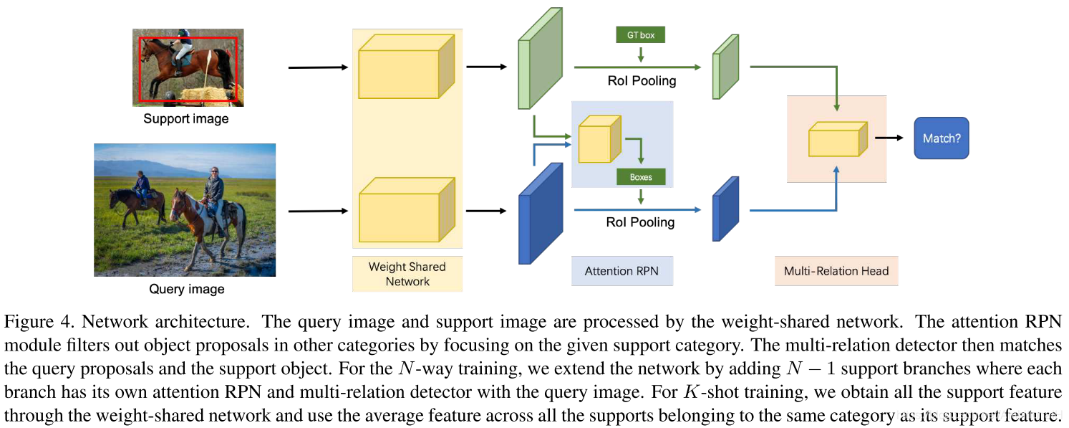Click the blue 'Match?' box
pyautogui.click(x=941, y=138)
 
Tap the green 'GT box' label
pyautogui.click(x=640, y=35)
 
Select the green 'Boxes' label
pyautogui.click(x=640, y=177)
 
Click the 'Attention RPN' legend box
pyautogui.click(x=621, y=271)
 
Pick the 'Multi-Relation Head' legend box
pyautogui.click(x=836, y=271)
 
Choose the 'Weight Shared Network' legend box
pyautogui.click(x=407, y=274)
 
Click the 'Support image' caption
pyautogui.click(x=186, y=118)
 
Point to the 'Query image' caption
pyautogui.click(x=187, y=289)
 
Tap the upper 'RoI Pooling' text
pyautogui.click(x=642, y=81)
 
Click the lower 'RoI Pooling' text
pyautogui.click(x=640, y=222)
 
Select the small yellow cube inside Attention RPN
pyautogui.click(x=599, y=139)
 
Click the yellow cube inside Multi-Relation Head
pyautogui.click(x=838, y=139)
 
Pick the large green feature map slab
pyautogui.click(x=540, y=58)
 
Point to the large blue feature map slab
pyautogui.click(x=541, y=214)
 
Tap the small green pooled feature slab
pyautogui.click(x=725, y=67)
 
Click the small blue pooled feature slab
pyautogui.click(x=725, y=209)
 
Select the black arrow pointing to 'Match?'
pyautogui.click(x=889, y=138)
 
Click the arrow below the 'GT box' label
pyautogui.click(x=640, y=54)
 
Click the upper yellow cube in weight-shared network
pyautogui.click(x=407, y=67)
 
